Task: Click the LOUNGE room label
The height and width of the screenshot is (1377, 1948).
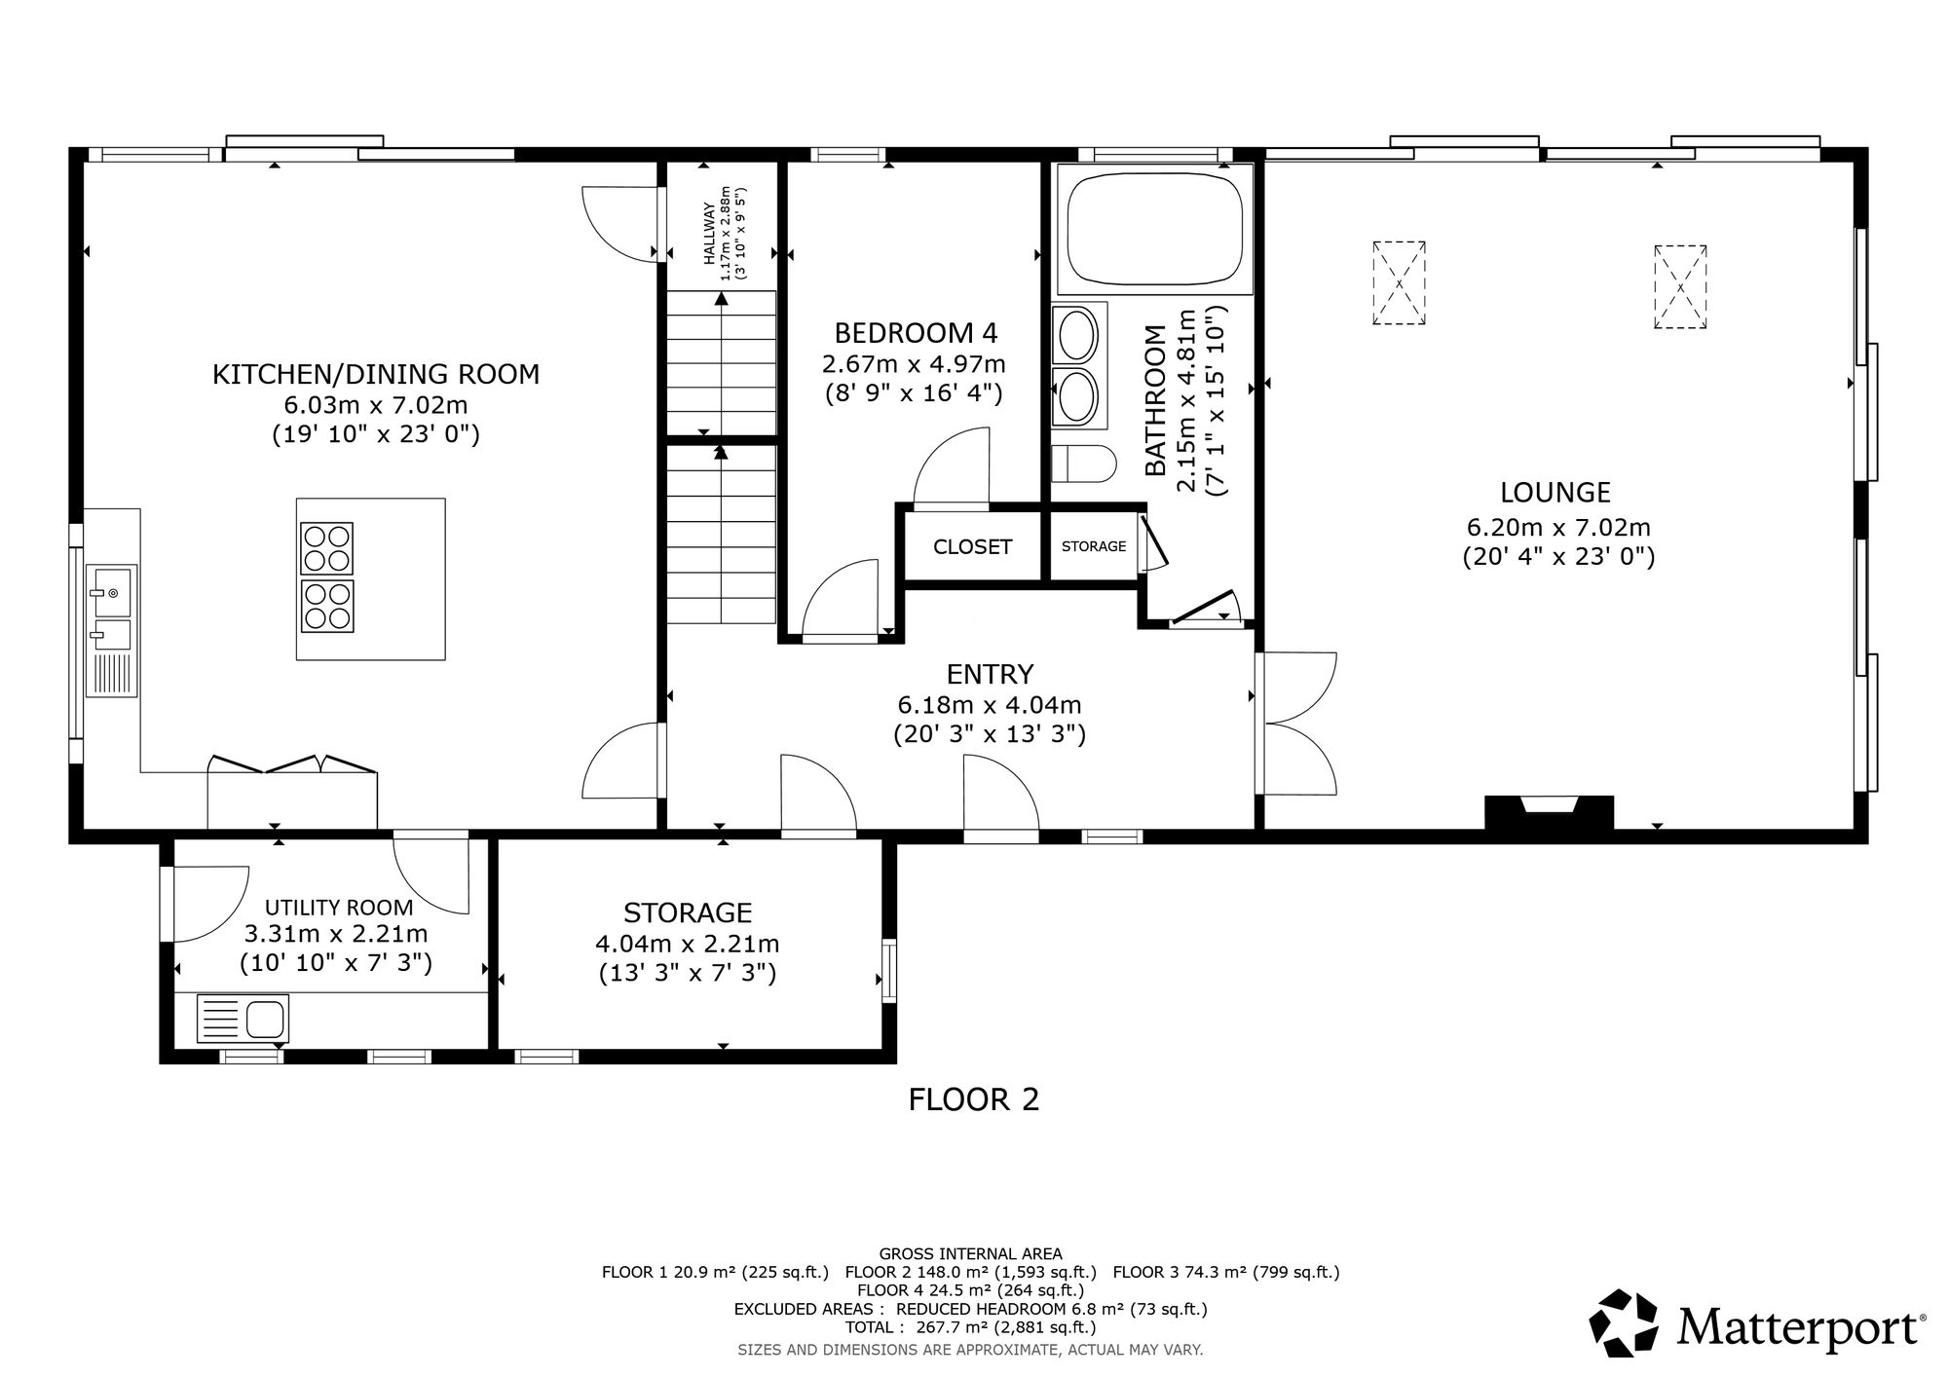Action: pos(1555,492)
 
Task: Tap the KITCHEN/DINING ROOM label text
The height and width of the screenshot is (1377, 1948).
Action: pos(376,374)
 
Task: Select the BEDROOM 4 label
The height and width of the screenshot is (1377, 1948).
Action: pos(917,334)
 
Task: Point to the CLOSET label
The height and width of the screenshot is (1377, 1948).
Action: pos(973,547)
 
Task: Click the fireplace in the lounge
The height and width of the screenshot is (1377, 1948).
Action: pos(1549,812)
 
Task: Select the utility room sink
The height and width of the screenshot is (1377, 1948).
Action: pos(243,1019)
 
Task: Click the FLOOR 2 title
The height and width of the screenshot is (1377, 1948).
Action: pos(974,1099)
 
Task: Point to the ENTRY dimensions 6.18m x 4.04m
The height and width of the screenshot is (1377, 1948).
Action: pos(990,704)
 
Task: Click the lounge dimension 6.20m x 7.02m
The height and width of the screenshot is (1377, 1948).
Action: pos(1558,528)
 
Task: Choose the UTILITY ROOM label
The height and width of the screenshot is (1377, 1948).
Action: pos(339,908)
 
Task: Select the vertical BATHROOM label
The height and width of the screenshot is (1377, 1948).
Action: pos(1155,401)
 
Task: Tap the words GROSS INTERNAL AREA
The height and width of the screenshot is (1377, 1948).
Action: pos(971,1253)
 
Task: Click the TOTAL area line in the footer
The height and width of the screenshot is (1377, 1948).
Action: pos(971,1327)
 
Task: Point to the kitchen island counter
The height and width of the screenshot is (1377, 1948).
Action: pos(371,579)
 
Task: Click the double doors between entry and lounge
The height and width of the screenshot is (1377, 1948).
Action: pos(1295,723)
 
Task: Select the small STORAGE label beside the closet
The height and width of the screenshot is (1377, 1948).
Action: pos(1094,546)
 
